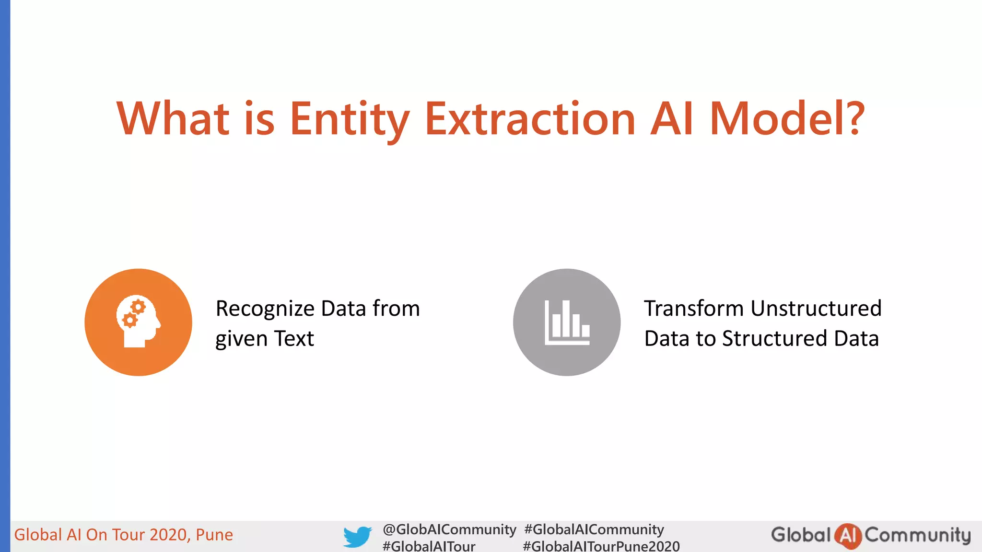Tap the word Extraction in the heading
[x=530, y=119]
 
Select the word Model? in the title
[x=786, y=119]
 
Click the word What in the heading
[x=173, y=119]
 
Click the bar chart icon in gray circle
[x=567, y=322]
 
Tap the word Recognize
[x=265, y=309]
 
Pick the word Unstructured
[x=816, y=309]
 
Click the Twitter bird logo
[x=357, y=537]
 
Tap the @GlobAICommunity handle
[x=449, y=529]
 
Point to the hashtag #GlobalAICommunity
[x=594, y=529]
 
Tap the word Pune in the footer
[x=214, y=535]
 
